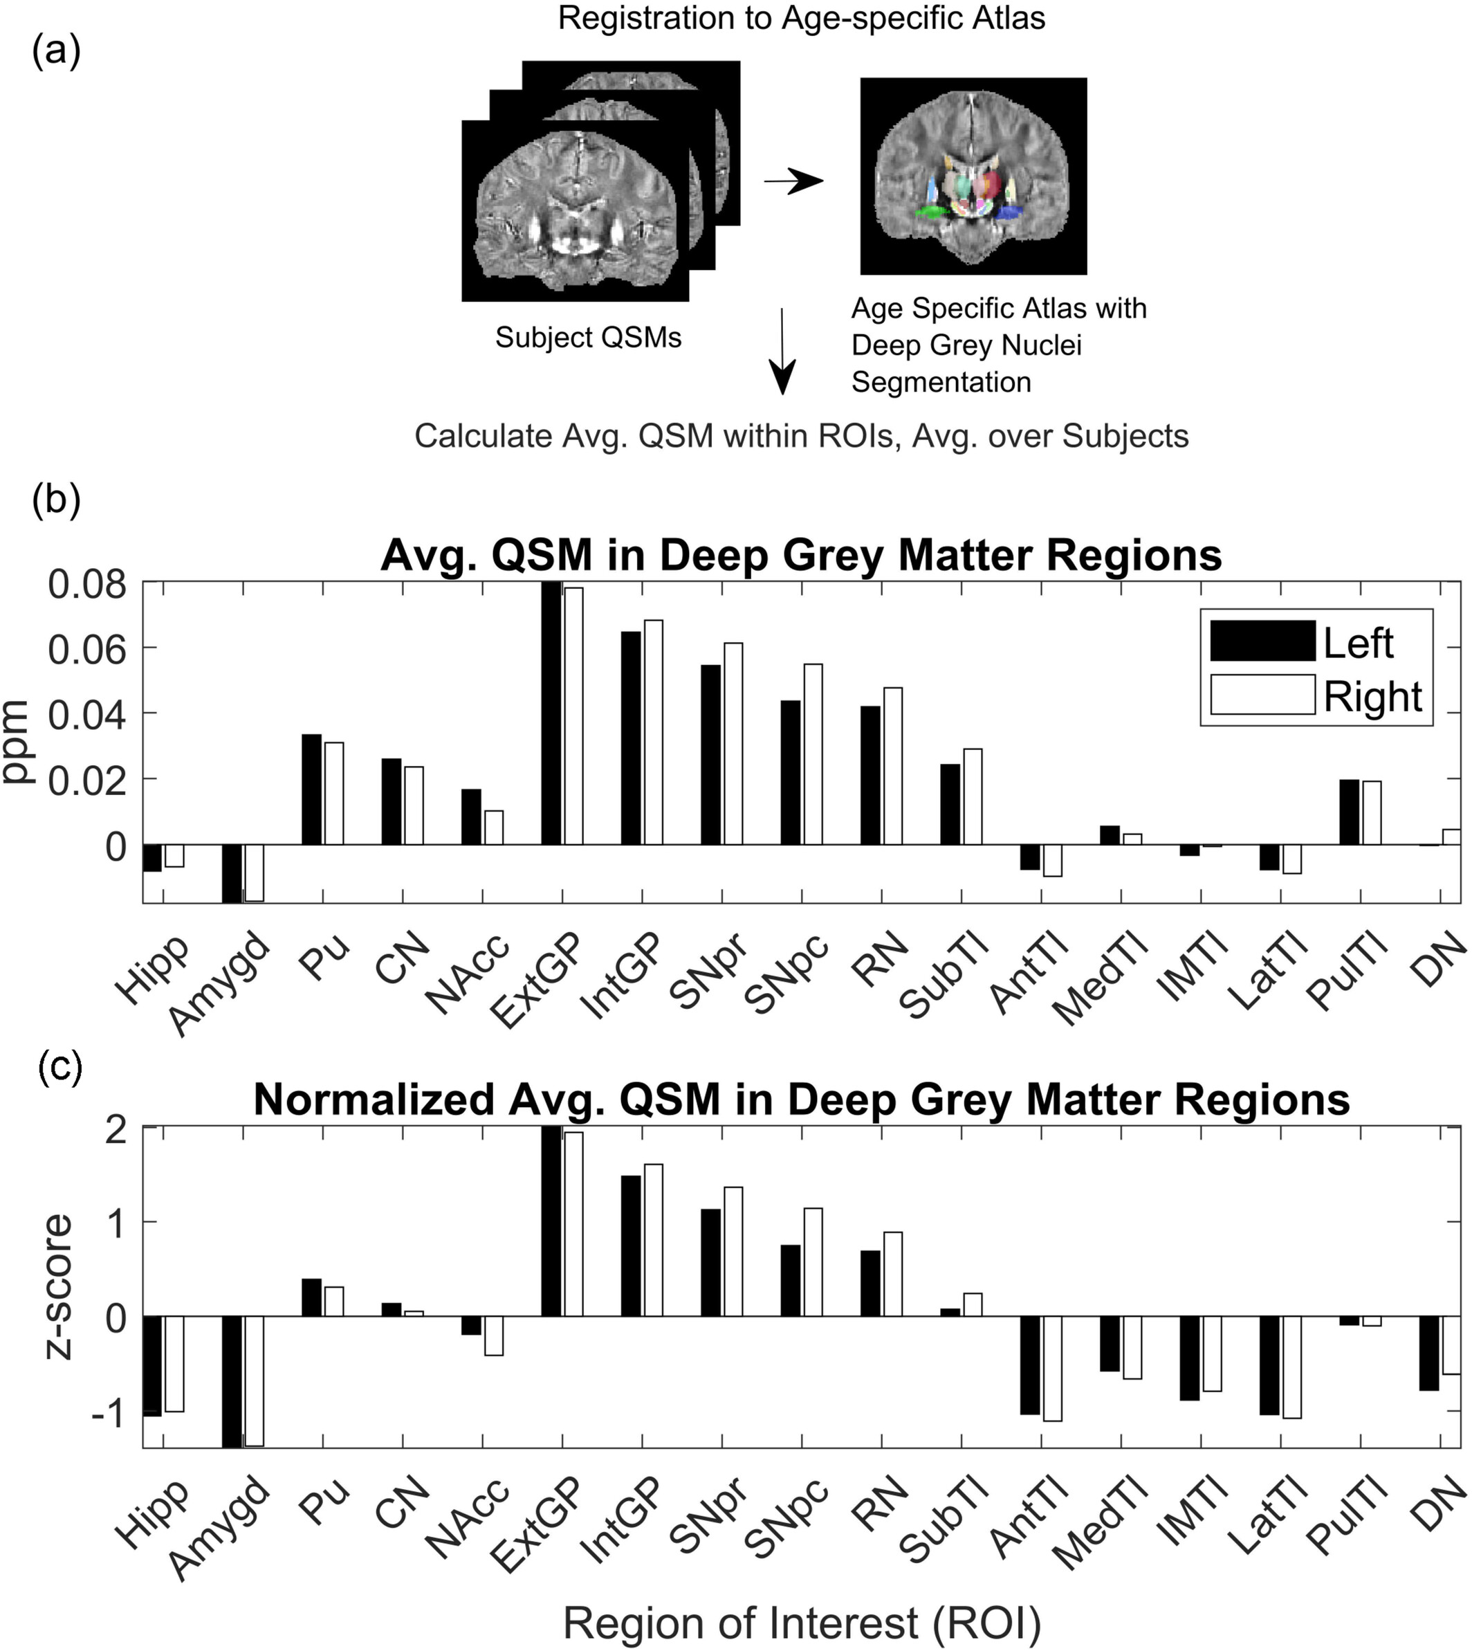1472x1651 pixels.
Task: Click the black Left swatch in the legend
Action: tap(1262, 641)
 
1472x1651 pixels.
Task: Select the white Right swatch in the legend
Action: tap(1262, 695)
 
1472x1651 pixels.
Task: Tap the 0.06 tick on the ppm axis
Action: tap(86, 649)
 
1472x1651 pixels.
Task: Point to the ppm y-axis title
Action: tap(18, 741)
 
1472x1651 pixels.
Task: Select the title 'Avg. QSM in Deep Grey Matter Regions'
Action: tap(801, 556)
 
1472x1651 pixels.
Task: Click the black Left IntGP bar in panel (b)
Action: tap(631, 738)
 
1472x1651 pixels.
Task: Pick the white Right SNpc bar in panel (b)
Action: tap(812, 754)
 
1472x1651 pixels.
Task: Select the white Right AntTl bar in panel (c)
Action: tap(1052, 1368)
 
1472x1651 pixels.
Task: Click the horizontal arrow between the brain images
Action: tap(793, 182)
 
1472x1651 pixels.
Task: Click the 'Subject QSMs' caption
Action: tap(588, 337)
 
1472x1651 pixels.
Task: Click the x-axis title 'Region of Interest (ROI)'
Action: tap(802, 1621)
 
